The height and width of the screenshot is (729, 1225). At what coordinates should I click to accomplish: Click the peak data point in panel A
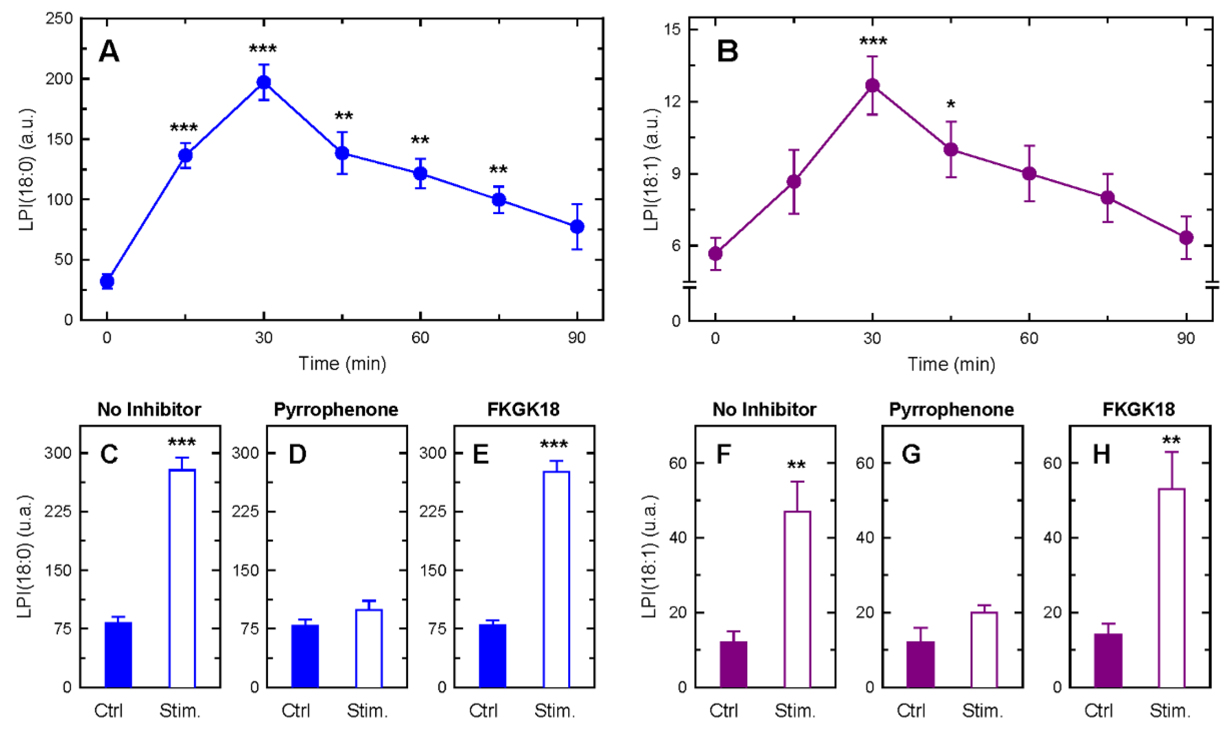click(264, 82)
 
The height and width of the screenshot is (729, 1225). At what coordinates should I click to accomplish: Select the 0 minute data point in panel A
click(107, 281)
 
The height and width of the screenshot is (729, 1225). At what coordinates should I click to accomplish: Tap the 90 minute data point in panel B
click(1186, 238)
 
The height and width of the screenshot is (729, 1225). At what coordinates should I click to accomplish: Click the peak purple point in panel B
click(872, 85)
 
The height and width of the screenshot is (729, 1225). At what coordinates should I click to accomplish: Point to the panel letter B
click(728, 51)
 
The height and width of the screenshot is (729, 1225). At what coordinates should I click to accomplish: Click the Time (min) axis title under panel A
click(343, 364)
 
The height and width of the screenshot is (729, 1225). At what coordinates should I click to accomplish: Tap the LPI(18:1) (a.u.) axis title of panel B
click(651, 170)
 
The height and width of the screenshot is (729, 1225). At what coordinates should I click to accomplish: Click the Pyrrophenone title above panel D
click(336, 410)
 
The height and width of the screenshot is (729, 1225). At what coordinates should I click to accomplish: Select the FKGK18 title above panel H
click(1139, 410)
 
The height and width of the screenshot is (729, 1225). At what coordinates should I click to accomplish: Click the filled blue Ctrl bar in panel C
click(118, 654)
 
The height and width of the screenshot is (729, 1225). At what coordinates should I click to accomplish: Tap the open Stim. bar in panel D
click(369, 648)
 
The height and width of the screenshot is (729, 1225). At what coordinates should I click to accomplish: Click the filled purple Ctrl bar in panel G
click(920, 664)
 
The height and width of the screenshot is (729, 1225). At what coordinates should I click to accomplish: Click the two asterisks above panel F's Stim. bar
click(796, 465)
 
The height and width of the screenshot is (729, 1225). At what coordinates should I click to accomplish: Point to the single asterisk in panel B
click(951, 105)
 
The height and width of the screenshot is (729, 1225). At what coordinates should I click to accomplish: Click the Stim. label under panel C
click(181, 711)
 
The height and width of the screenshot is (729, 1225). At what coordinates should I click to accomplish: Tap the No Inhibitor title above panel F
click(764, 410)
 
